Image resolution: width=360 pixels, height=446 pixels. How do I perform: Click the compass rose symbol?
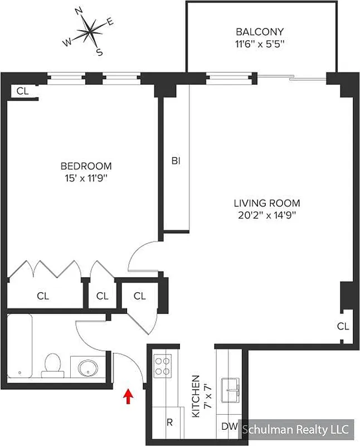[90, 32]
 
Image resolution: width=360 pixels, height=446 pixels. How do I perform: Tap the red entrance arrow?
[129, 396]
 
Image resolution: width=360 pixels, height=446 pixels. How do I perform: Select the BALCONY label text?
[260, 32]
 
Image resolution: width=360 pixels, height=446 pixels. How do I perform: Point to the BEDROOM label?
[86, 166]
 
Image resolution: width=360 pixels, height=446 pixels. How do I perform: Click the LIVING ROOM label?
[267, 203]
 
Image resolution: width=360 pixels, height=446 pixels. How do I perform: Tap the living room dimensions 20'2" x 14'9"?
[267, 216]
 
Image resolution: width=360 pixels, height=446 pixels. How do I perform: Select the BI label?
[176, 161]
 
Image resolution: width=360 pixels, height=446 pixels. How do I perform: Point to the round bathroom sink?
[88, 367]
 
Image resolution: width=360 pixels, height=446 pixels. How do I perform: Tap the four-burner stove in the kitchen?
[162, 366]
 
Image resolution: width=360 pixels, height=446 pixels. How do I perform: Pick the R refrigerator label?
[169, 422]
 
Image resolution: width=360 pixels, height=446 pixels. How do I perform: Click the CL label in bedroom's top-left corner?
[22, 91]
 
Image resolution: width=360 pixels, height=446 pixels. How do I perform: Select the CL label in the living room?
[343, 326]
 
